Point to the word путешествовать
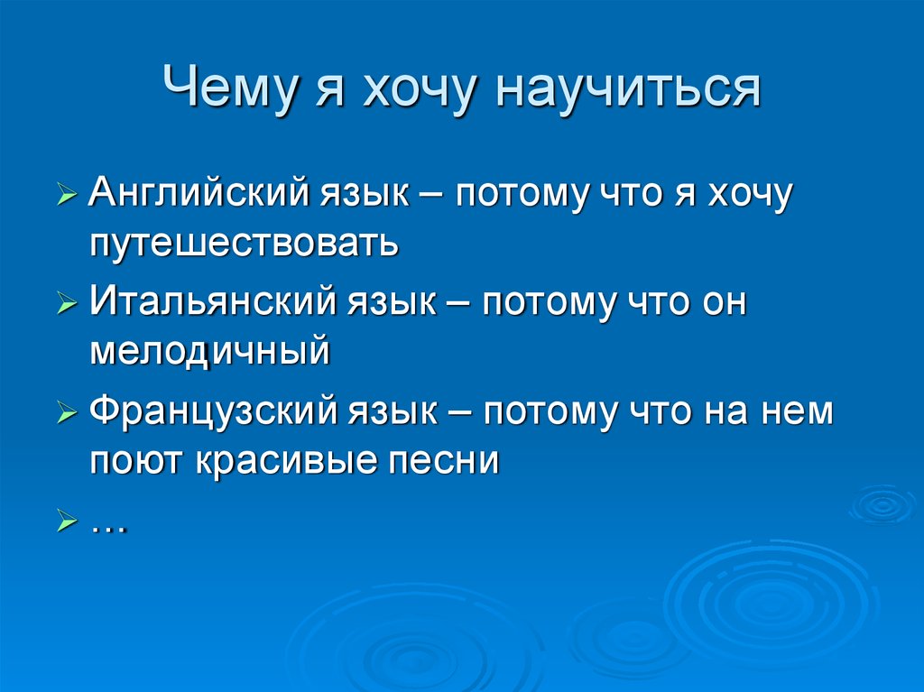click(244, 242)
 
